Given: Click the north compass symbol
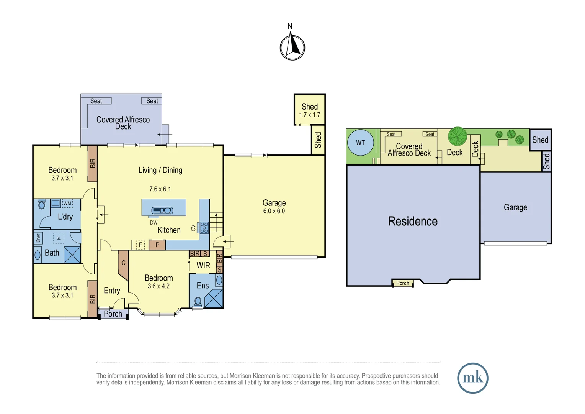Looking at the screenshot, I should (x=292, y=47).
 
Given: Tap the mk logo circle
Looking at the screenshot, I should (x=472, y=378).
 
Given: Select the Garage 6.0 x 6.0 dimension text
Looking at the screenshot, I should (x=274, y=211).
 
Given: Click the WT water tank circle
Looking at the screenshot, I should (x=360, y=143).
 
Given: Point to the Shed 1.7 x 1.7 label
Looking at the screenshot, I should (x=309, y=110).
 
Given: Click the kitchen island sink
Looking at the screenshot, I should (x=162, y=210).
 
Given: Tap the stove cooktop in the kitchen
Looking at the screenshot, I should (x=204, y=227).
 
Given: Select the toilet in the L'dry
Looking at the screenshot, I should (x=42, y=204).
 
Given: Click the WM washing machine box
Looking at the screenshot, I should (x=67, y=203).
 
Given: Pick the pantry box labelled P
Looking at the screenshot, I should (x=157, y=245).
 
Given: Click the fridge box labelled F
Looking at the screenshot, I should (x=141, y=245).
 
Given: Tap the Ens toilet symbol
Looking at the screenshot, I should (x=198, y=301).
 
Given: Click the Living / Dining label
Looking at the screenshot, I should (x=160, y=170).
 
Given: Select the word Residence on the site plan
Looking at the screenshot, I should (x=412, y=221).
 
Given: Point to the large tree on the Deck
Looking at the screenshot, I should (x=458, y=136).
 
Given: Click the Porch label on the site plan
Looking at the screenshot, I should (x=402, y=283).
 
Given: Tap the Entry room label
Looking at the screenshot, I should (x=112, y=291).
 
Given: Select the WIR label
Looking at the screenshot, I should (x=203, y=265).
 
